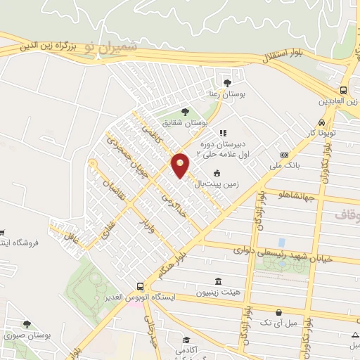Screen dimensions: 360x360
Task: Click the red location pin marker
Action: (x=181, y=165)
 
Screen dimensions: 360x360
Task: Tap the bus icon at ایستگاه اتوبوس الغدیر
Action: (x=140, y=287)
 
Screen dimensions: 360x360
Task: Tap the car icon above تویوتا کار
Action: (x=341, y=120)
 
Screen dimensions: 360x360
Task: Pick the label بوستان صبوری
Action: (x=27, y=335)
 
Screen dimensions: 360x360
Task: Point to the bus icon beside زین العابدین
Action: (x=343, y=90)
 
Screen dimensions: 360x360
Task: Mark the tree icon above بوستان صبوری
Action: (x=27, y=324)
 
